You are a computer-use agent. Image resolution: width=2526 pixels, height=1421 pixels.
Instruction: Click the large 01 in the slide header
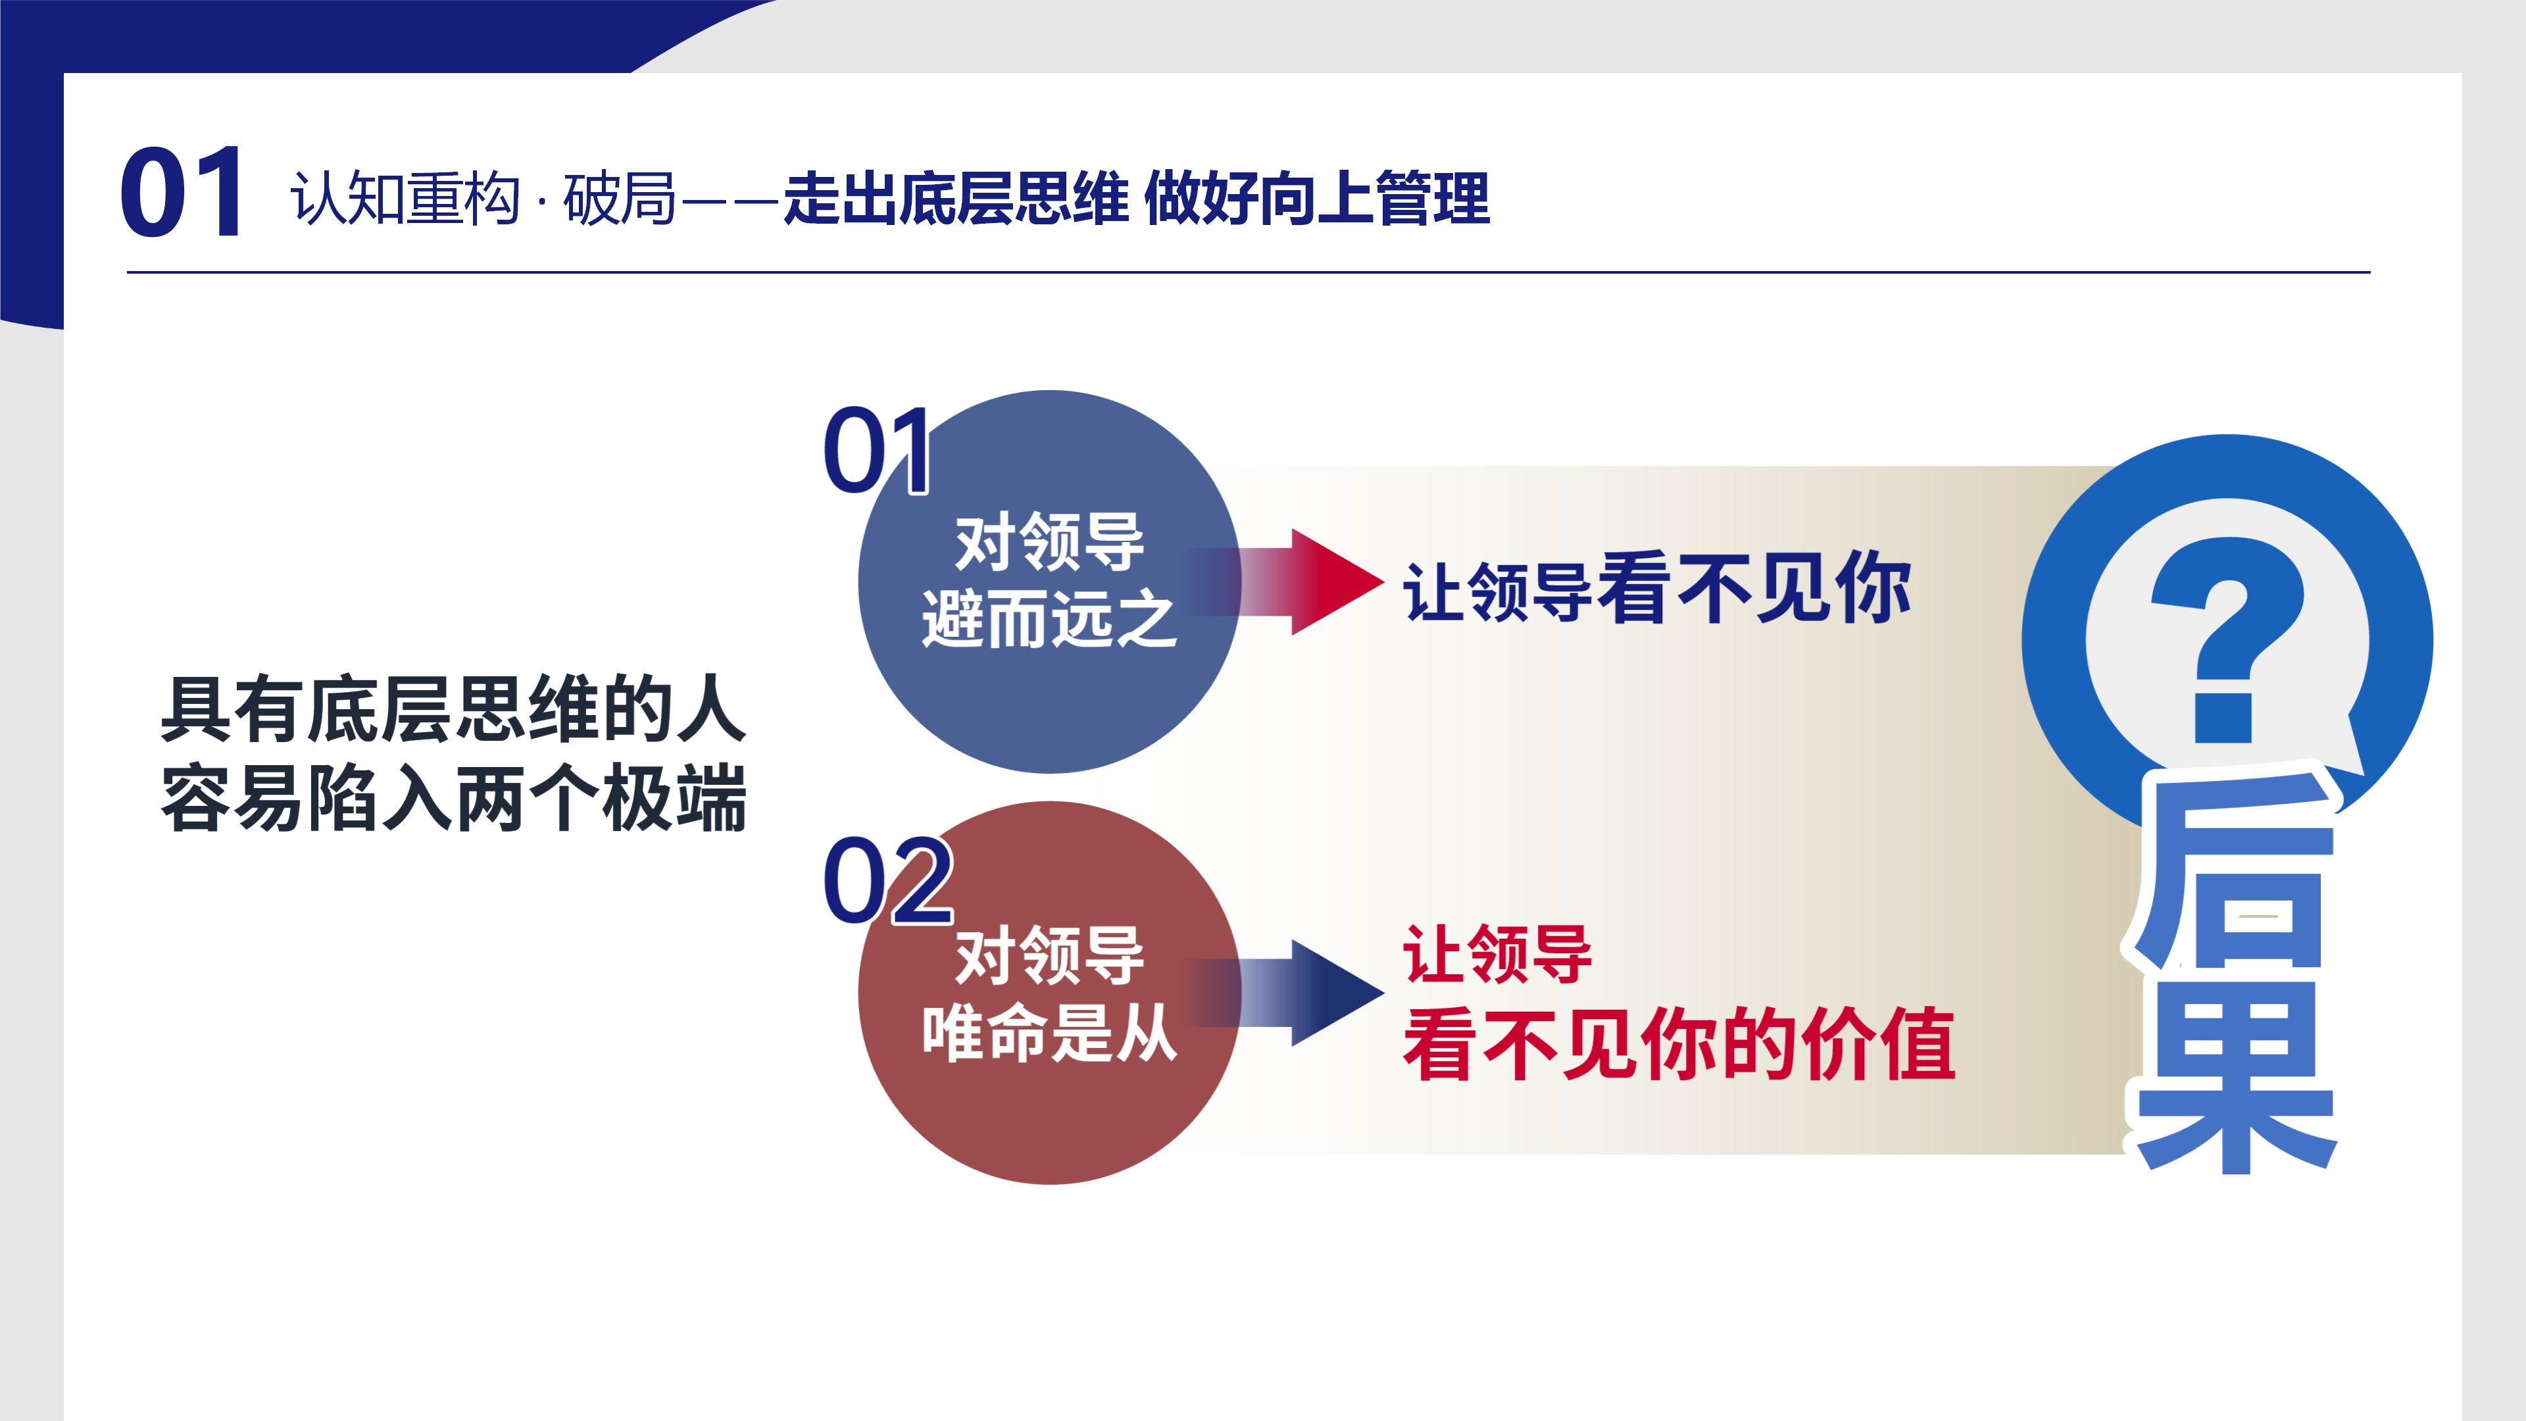[x=182, y=192]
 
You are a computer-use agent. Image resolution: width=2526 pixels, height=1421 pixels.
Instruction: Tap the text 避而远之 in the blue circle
[x=1049, y=619]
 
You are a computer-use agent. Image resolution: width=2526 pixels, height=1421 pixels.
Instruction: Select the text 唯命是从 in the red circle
[x=1049, y=1033]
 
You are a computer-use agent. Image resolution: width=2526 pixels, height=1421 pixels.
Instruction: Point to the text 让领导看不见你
[x=1657, y=588]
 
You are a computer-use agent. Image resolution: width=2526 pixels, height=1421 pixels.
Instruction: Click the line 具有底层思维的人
[x=454, y=709]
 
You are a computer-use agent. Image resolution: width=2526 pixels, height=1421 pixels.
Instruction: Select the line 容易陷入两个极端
[x=454, y=797]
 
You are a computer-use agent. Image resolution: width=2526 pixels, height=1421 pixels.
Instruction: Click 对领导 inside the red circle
[x=1049, y=955]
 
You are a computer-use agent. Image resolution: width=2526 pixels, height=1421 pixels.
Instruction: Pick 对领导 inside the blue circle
[x=1049, y=541]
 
